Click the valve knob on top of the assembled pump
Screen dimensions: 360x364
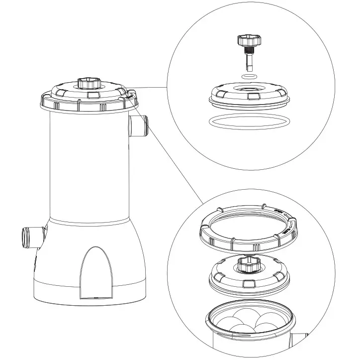(89, 83)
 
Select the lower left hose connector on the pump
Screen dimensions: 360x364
(30, 237)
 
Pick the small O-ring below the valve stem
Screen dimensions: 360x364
(248, 76)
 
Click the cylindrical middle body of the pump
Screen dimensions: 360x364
(90, 164)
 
